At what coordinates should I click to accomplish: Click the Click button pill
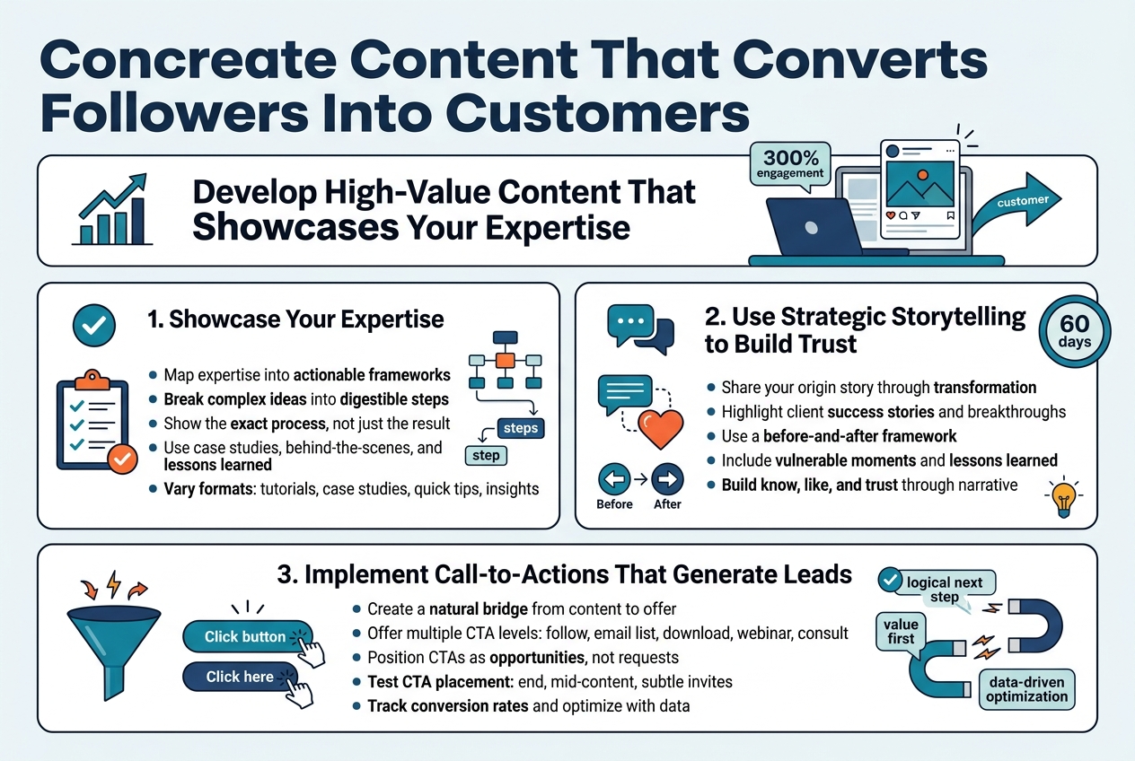pyautogui.click(x=245, y=636)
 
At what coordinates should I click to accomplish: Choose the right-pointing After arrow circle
pyautogui.click(x=667, y=480)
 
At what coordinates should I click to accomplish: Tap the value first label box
pyautogui.click(x=901, y=631)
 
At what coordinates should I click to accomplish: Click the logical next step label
pyautogui.click(x=945, y=590)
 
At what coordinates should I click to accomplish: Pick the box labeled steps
pyautogui.click(x=520, y=427)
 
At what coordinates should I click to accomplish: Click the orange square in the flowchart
pyautogui.click(x=506, y=360)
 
